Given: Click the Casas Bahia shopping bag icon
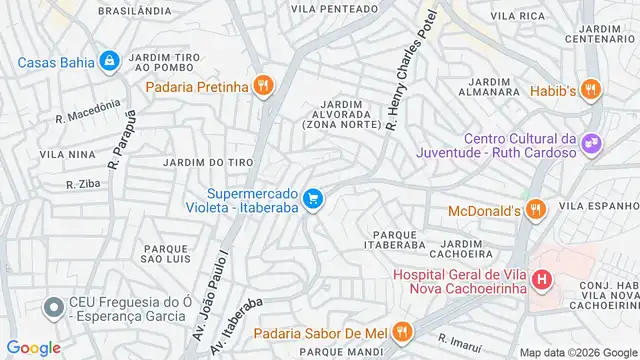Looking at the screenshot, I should [x=108, y=62].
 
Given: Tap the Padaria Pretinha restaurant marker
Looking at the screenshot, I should [x=262, y=86].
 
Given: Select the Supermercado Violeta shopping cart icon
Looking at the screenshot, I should [x=313, y=200].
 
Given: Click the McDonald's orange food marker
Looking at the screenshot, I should [x=536, y=210].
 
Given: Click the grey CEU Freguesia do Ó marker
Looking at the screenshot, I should [x=52, y=307].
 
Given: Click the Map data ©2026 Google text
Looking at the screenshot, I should [x=577, y=350].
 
